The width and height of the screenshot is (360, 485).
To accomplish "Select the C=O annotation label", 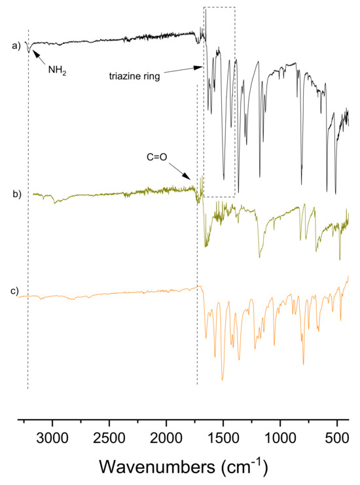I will [158, 157].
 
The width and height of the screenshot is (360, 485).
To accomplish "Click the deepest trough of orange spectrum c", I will [223, 380].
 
